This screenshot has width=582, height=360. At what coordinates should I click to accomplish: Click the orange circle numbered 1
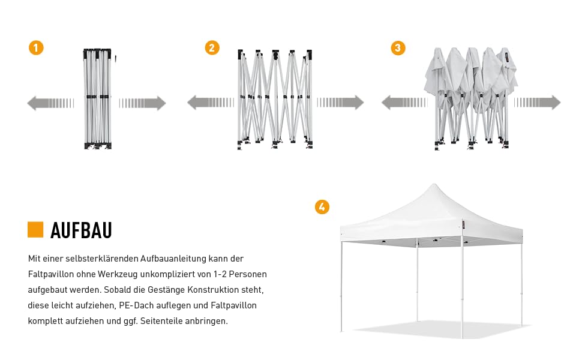pos(36,48)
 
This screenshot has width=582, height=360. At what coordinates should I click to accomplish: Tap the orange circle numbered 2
pos(212,48)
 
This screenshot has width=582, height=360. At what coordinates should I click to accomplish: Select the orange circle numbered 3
pos(397,48)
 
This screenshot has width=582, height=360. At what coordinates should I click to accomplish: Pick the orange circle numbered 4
pos(322,207)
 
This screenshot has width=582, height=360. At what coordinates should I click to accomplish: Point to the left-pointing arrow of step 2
pos(210,103)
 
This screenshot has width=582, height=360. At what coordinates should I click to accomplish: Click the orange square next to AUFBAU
pos(35,230)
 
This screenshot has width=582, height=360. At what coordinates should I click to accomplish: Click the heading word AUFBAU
pos(81,230)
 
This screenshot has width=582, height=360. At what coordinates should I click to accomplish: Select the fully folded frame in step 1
pos(97,99)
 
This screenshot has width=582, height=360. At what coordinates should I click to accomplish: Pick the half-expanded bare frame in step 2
pos(275,99)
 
